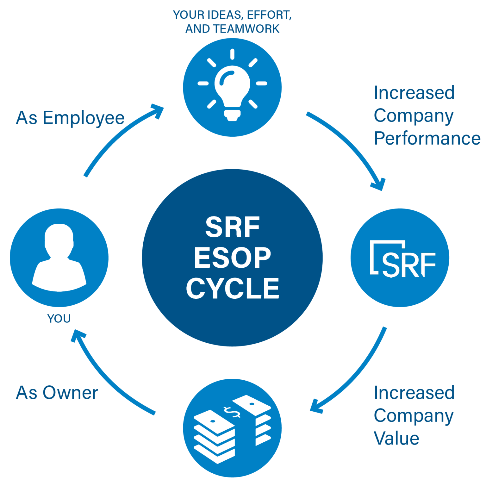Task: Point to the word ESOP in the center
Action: (x=232, y=258)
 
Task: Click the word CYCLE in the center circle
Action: (x=232, y=288)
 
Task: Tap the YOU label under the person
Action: (x=59, y=318)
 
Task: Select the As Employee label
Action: (x=70, y=118)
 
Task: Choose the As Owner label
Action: (x=57, y=393)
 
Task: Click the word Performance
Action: (x=427, y=139)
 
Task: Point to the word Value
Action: (x=396, y=438)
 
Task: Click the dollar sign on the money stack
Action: (x=232, y=412)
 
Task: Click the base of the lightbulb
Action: (x=232, y=115)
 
